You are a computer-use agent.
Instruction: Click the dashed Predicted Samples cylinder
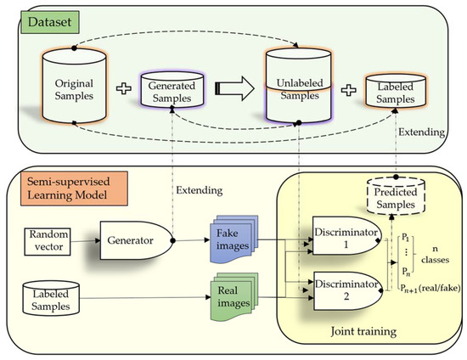click(x=398, y=198)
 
